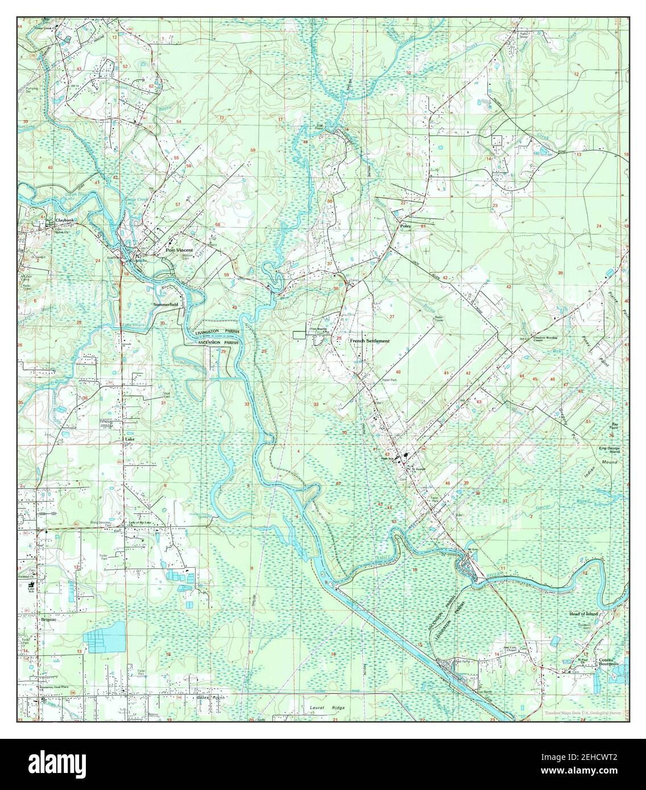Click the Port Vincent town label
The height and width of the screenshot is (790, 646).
click(x=179, y=250)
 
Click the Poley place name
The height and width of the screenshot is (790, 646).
click(x=405, y=226)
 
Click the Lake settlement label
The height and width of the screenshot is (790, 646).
click(x=130, y=440)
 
